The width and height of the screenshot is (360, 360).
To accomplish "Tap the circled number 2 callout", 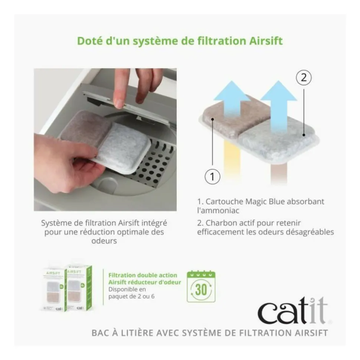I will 304,78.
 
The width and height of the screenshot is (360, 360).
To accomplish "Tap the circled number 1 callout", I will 212,176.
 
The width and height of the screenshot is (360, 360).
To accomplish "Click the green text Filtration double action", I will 143,275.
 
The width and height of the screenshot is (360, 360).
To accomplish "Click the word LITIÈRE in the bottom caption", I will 135,333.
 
